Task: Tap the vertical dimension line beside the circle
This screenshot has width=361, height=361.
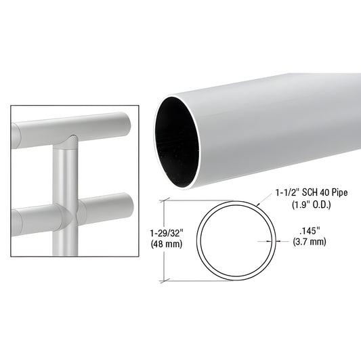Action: pyautogui.click(x=161, y=240)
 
